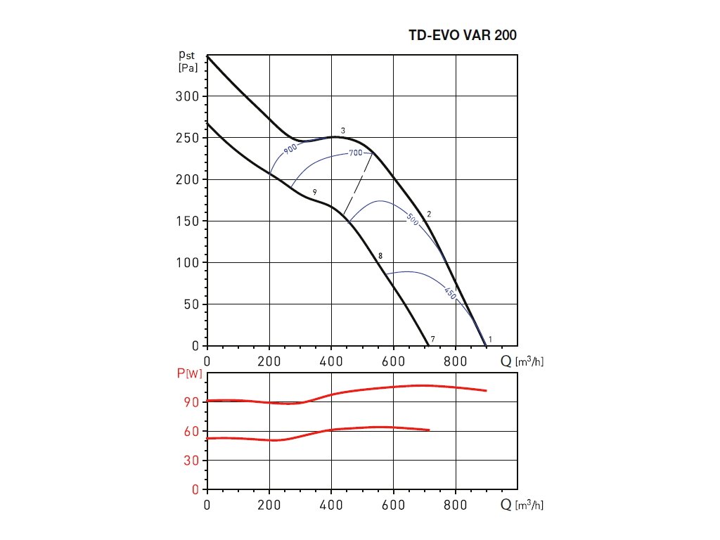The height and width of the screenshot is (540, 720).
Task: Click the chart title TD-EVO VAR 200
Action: pos(463,35)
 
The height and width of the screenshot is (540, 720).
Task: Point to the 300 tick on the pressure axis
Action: pos(188,96)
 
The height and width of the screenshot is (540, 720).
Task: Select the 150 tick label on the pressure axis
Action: pos(188,221)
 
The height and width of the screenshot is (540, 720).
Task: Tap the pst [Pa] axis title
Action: pos(187,60)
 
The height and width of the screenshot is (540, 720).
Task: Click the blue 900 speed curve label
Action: pos(290,148)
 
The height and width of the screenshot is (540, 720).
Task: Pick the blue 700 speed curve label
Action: pos(354,153)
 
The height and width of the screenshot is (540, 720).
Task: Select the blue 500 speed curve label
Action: pos(413,219)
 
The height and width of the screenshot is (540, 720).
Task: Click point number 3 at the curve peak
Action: pos(343,131)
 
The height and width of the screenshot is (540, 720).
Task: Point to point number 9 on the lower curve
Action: pos(315,192)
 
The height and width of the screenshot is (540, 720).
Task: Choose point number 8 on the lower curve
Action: pos(380,256)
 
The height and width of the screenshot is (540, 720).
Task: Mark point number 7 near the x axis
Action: pos(433,340)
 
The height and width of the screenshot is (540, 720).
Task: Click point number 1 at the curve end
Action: pos(490,340)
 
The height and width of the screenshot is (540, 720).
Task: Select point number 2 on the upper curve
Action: pos(428,214)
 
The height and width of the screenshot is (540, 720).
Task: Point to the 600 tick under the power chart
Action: pos(394,504)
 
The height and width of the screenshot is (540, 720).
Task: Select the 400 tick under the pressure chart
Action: pos(332,361)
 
